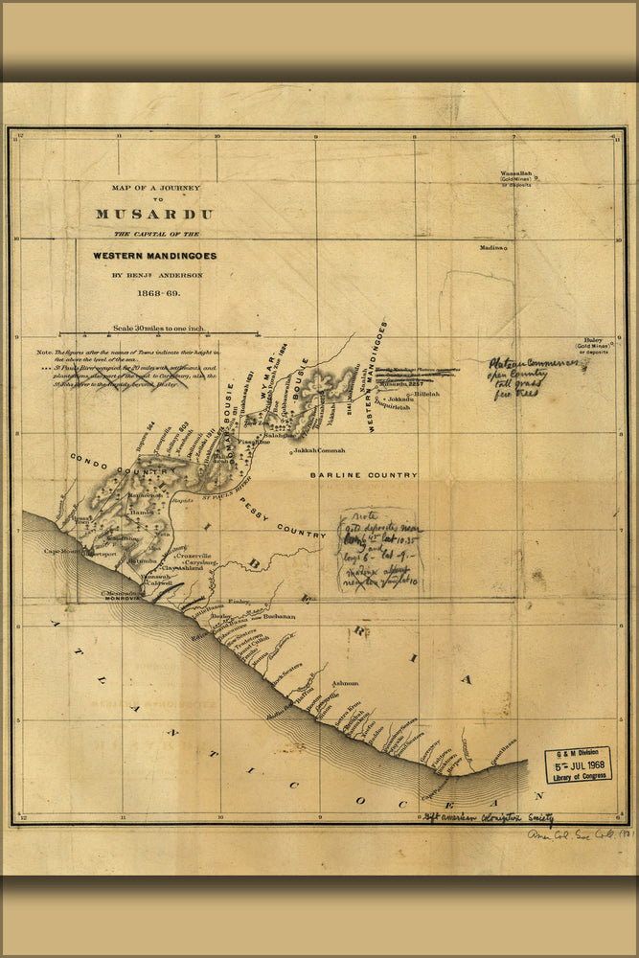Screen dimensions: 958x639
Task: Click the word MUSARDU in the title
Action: [x=154, y=215]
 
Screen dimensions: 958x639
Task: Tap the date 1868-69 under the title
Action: [x=154, y=291]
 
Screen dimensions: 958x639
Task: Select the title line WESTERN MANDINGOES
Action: [x=154, y=256]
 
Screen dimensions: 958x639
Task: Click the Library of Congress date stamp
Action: [x=578, y=765]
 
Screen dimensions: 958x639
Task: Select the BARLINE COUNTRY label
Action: [x=363, y=475]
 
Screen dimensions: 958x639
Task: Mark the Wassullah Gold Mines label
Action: [x=514, y=177]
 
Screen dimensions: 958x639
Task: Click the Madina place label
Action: [x=492, y=247]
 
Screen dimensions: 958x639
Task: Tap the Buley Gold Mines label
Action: [x=596, y=345]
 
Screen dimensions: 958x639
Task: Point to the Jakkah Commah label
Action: [x=318, y=449]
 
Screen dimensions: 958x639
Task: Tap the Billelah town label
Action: [x=426, y=394]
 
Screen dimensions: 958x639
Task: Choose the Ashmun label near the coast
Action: [x=344, y=683]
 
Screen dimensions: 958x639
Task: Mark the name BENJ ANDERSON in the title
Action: [x=154, y=275]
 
